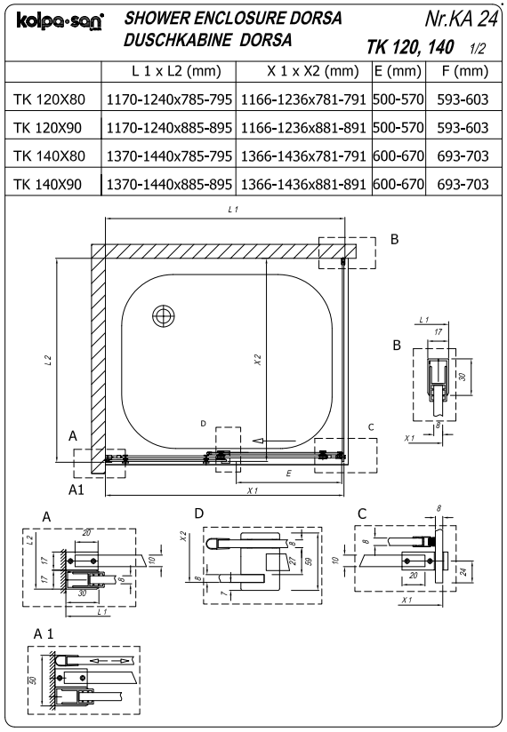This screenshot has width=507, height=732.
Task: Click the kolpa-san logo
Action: pos(60,21)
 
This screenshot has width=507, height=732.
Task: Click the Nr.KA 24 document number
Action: pos(462,19)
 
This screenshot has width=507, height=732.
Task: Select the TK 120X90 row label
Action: pos(48,128)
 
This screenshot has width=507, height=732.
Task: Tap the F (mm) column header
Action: pos(464,71)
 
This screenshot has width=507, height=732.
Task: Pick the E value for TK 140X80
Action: pos(398,156)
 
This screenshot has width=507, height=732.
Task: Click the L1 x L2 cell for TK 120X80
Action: pos(169,99)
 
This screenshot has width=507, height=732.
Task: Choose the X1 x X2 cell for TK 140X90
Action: pos(303,185)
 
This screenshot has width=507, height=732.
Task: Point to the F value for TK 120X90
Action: pos(463,128)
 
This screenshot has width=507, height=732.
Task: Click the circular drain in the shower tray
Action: pos(164,316)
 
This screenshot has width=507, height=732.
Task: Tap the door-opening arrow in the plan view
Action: pos(274,441)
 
